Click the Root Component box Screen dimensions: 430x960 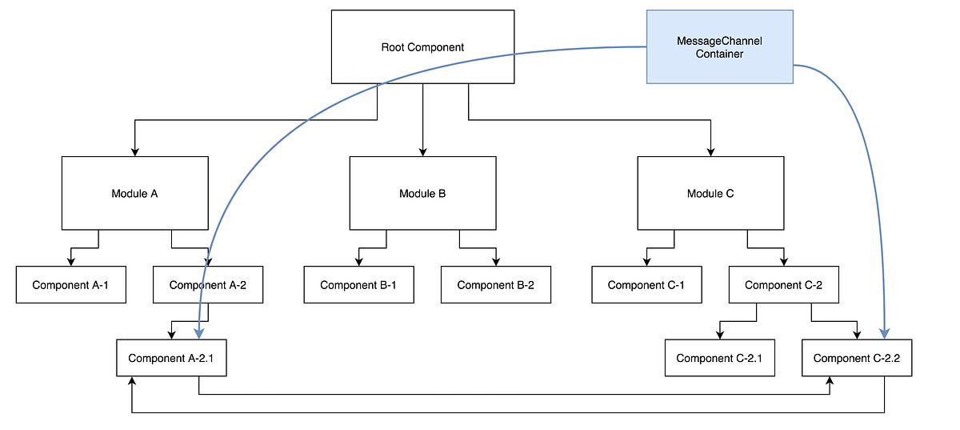pyautogui.click(x=422, y=46)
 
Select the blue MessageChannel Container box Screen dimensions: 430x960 pyautogui.click(x=719, y=46)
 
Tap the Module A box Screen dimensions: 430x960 pyautogui.click(x=134, y=193)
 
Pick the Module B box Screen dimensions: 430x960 pyautogui.click(x=422, y=193)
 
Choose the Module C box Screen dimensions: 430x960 pyautogui.click(x=710, y=193)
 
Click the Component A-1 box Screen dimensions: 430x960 pyautogui.click(x=70, y=285)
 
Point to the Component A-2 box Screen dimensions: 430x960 pyautogui.click(x=208, y=285)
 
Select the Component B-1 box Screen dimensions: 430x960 pyautogui.click(x=358, y=285)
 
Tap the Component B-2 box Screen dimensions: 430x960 pyautogui.click(x=495, y=285)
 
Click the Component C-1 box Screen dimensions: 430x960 pyautogui.click(x=646, y=285)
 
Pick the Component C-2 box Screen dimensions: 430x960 pyautogui.click(x=783, y=285)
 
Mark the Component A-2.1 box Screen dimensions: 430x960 pyautogui.click(x=171, y=358)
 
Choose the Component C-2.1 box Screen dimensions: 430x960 pyautogui.click(x=719, y=358)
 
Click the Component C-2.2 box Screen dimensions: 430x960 pyautogui.click(x=857, y=358)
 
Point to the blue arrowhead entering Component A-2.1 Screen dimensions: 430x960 pyautogui.click(x=198, y=334)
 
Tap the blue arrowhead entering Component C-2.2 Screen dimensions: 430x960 pyautogui.click(x=885, y=334)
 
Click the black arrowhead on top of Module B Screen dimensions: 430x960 pyautogui.click(x=422, y=151)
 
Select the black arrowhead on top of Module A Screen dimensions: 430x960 pyautogui.click(x=134, y=151)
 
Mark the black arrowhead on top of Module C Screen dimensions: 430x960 pyautogui.click(x=710, y=151)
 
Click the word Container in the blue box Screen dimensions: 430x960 pyautogui.click(x=719, y=54)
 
